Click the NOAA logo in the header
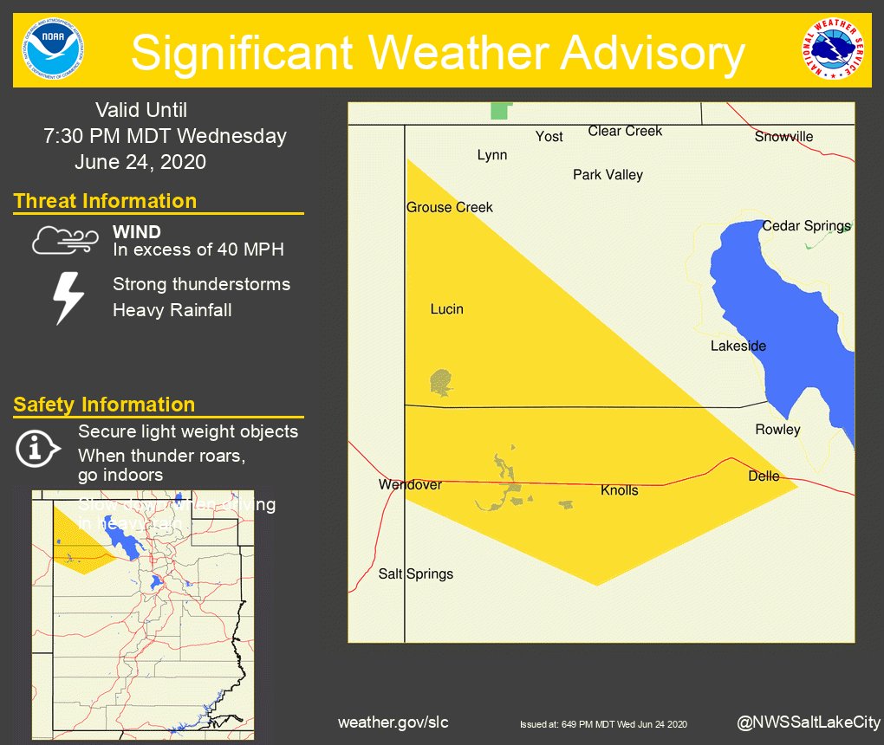click(55, 49)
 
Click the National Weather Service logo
click(833, 49)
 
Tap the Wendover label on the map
click(410, 485)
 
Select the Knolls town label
click(619, 490)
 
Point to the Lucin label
click(447, 309)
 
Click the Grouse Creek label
click(450, 207)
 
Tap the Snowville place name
click(783, 137)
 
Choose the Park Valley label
click(608, 175)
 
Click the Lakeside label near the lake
click(738, 347)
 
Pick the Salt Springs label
click(416, 573)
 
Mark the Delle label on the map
click(764, 476)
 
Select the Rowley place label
click(777, 430)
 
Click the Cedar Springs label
click(806, 226)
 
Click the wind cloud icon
click(60, 240)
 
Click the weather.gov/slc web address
click(393, 722)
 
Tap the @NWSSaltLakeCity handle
click(808, 722)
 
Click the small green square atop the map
click(500, 111)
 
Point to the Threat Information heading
click(105, 201)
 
